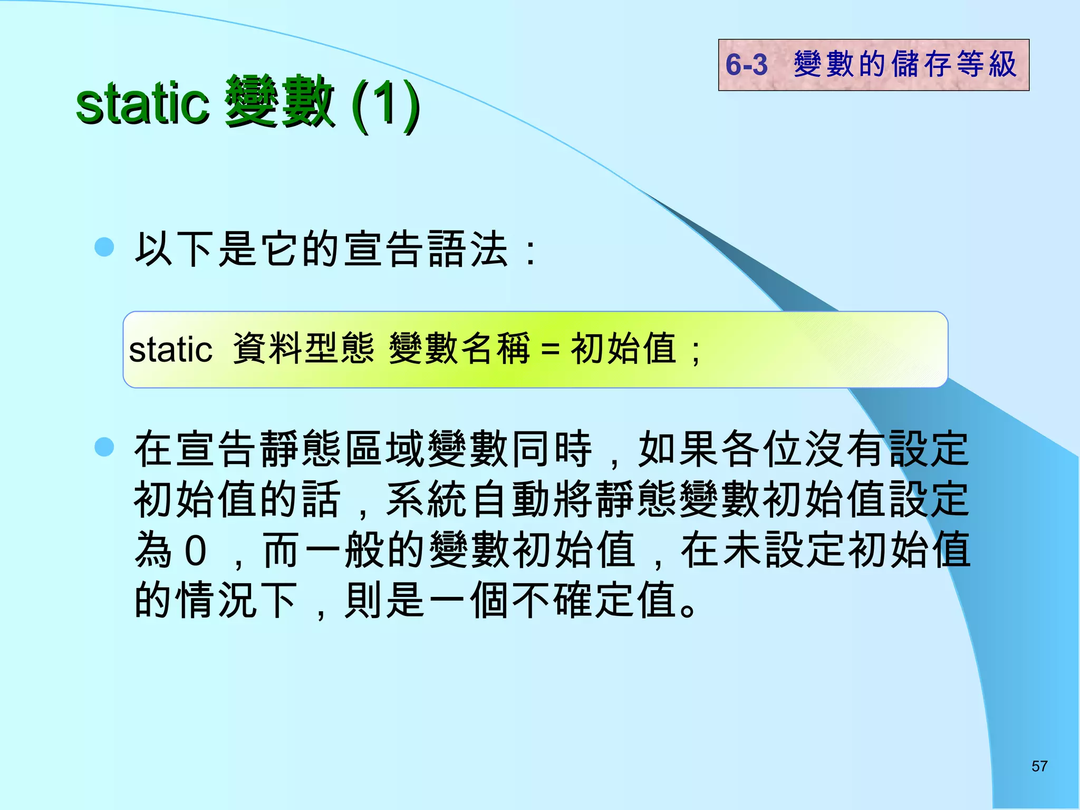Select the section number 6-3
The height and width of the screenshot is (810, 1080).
pyautogui.click(x=746, y=65)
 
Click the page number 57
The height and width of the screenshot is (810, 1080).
pyautogui.click(x=1039, y=766)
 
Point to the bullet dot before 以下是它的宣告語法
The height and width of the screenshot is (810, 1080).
pyautogui.click(x=104, y=247)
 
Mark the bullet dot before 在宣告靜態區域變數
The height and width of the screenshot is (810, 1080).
pyautogui.click(x=104, y=447)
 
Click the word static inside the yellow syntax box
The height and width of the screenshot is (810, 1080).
pyautogui.click(x=170, y=350)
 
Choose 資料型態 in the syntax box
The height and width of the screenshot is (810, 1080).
pyautogui.click(x=303, y=349)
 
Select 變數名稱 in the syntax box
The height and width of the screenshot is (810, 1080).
pyautogui.click(x=459, y=349)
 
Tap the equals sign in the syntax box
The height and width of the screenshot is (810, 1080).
pyautogui.click(x=550, y=350)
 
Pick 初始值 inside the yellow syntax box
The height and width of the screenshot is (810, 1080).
pyautogui.click(x=623, y=349)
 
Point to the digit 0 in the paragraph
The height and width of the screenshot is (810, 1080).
pyautogui.click(x=195, y=551)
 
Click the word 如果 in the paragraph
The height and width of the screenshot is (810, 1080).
pyautogui.click(x=678, y=449)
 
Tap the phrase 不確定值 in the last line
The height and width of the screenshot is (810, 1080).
pyautogui.click(x=595, y=601)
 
